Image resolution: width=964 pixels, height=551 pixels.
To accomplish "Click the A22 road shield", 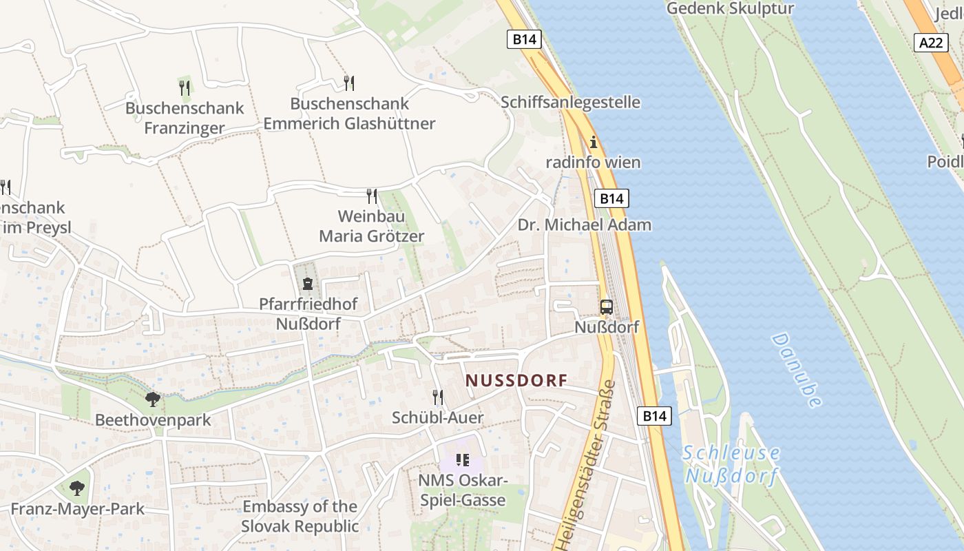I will (x=931, y=42).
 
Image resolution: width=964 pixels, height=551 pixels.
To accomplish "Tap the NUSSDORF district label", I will (x=516, y=380).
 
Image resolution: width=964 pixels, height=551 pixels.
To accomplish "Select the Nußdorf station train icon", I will (x=606, y=307).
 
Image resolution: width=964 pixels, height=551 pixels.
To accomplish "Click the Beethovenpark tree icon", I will (x=153, y=399).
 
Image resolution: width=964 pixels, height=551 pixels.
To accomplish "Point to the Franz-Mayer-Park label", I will (x=78, y=509).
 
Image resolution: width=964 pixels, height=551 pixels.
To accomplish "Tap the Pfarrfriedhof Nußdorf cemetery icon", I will (x=307, y=283).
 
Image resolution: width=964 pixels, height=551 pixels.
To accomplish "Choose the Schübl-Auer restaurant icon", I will (x=437, y=397).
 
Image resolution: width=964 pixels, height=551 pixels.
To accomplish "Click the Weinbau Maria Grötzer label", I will (x=372, y=227).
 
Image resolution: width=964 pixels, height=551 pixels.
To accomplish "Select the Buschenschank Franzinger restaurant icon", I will (x=184, y=87).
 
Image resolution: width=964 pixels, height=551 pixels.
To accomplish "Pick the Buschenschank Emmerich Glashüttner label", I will (x=349, y=114).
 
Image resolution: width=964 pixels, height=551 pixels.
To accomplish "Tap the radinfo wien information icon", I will (x=594, y=143).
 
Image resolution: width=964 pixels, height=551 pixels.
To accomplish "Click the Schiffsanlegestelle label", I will (x=571, y=103).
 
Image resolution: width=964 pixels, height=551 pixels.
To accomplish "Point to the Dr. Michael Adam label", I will (x=585, y=225).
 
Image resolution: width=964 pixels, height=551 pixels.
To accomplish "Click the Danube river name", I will (x=797, y=370).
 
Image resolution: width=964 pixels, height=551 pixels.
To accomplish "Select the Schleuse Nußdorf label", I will (x=732, y=464).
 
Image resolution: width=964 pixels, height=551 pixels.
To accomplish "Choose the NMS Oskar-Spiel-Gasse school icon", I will (x=462, y=459).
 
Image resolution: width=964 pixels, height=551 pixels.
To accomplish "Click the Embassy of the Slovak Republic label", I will (x=300, y=517).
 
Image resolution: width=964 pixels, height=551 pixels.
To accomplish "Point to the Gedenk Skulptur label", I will (x=731, y=9).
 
